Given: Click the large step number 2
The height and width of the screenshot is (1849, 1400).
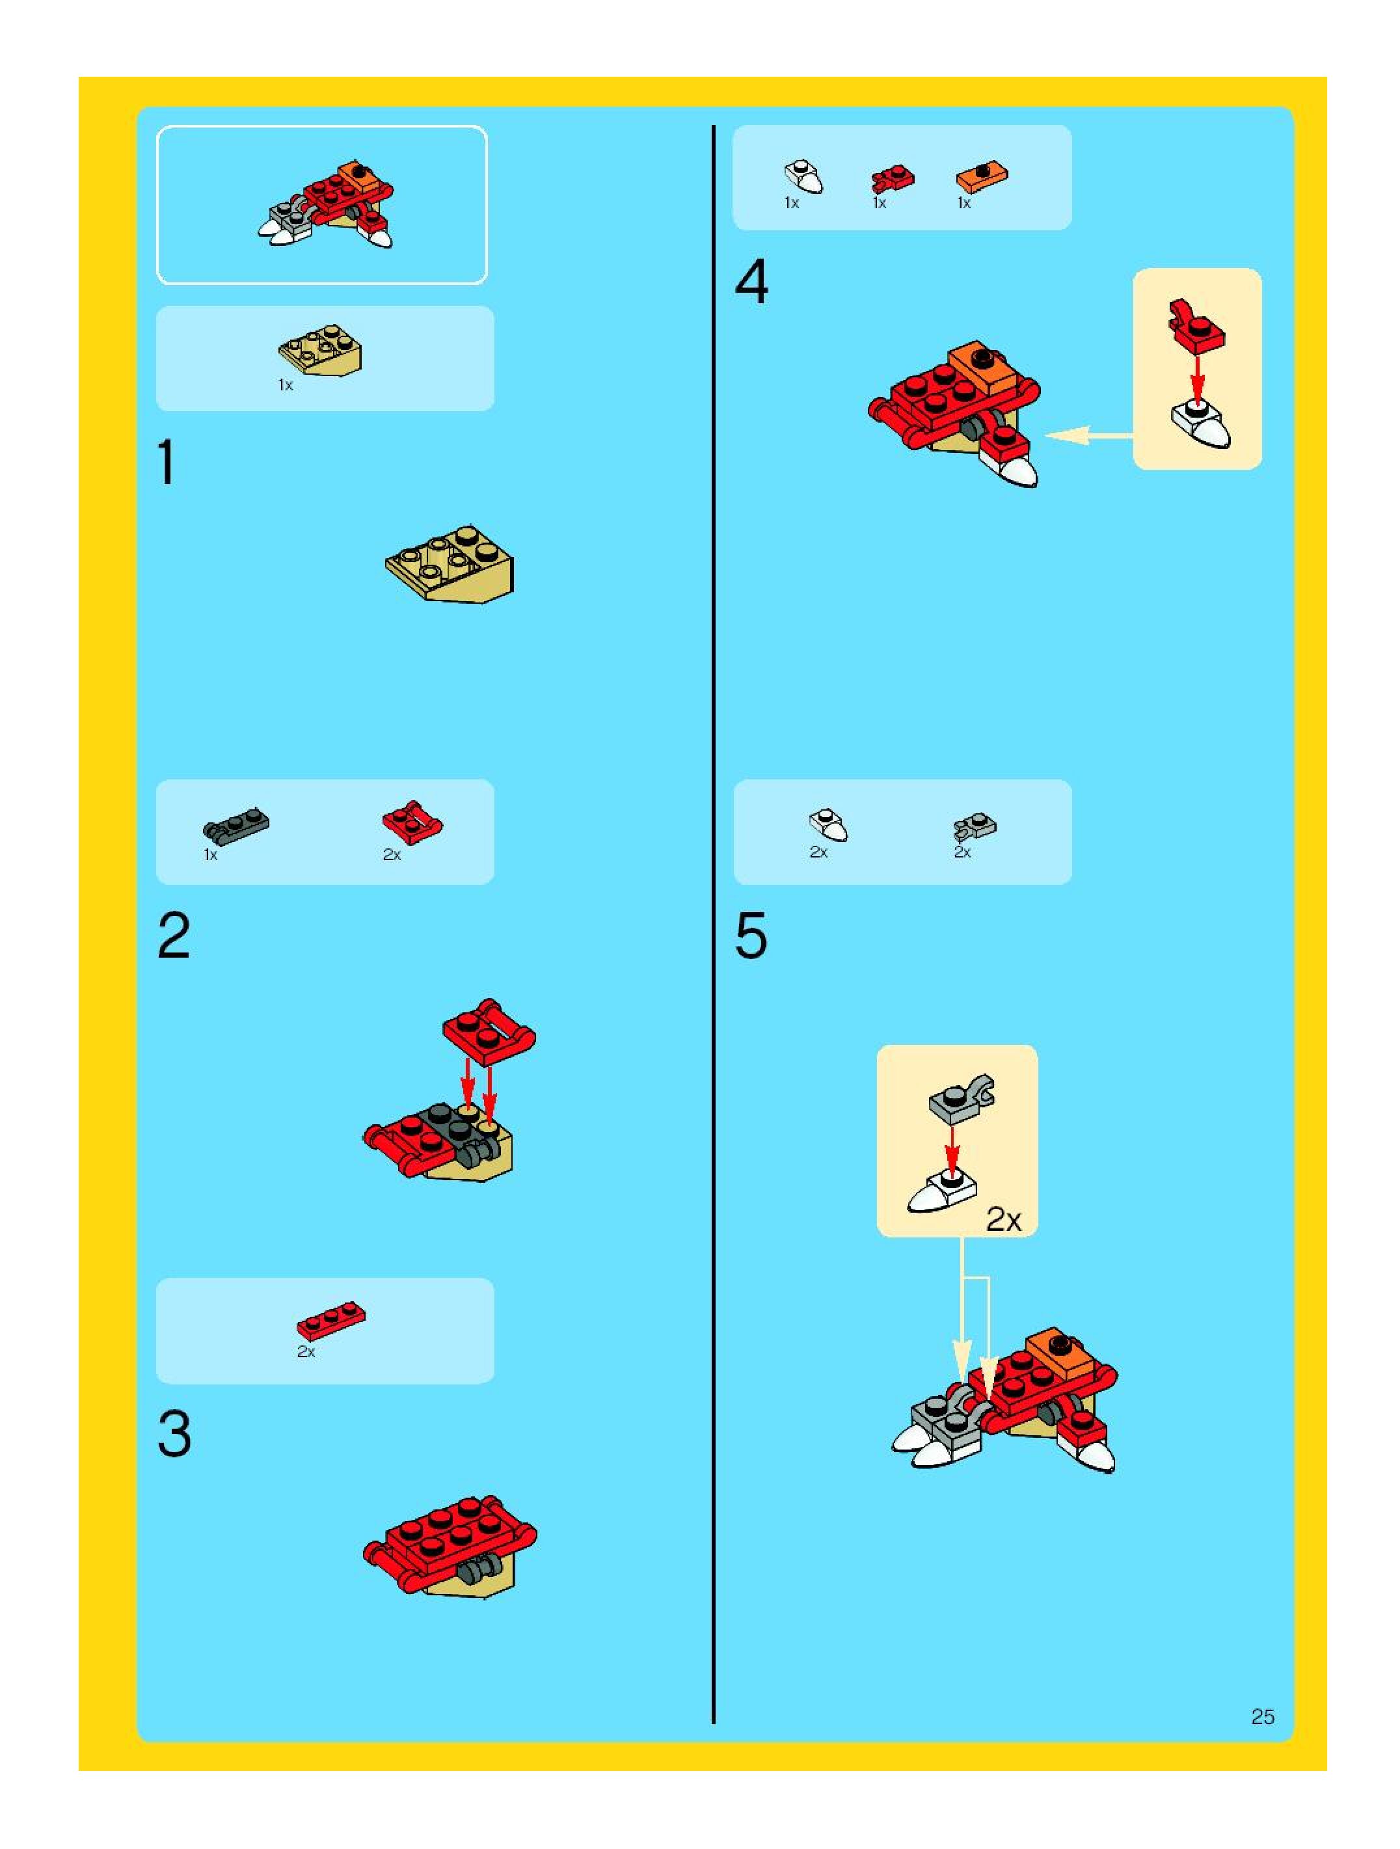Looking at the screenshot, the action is pyautogui.click(x=174, y=936).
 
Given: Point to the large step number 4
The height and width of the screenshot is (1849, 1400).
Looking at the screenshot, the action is pyautogui.click(x=751, y=282).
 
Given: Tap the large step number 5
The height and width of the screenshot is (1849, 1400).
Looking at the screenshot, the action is pyautogui.click(x=751, y=936).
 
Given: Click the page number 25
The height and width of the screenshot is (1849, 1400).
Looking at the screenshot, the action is pyautogui.click(x=1262, y=1717).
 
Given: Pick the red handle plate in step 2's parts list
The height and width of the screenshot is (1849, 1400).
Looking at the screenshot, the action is pyautogui.click(x=412, y=822).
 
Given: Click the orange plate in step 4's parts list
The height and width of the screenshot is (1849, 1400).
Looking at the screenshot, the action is pyautogui.click(x=982, y=176).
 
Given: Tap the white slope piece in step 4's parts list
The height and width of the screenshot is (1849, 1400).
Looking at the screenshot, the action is pyautogui.click(x=803, y=176).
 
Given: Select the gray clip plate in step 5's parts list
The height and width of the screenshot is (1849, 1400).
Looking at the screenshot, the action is pyautogui.click(x=975, y=827).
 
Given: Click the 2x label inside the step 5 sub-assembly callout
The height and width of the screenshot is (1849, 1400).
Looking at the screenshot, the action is pyautogui.click(x=1003, y=1221).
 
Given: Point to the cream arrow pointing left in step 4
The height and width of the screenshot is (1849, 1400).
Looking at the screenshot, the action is pyautogui.click(x=1088, y=435).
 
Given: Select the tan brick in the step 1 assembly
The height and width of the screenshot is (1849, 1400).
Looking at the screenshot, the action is pyautogui.click(x=450, y=563).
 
